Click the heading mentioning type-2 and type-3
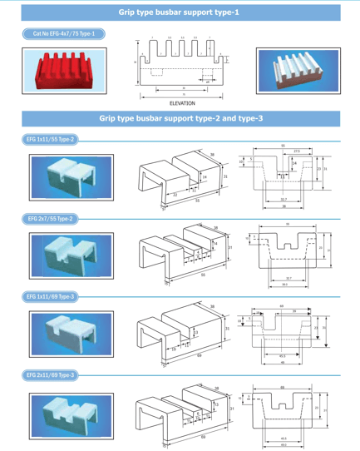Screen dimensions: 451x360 (180, 119)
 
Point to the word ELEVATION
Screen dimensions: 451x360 (181, 103)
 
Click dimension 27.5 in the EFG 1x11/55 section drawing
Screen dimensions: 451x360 (296, 151)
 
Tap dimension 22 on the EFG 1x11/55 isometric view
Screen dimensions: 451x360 (175, 194)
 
